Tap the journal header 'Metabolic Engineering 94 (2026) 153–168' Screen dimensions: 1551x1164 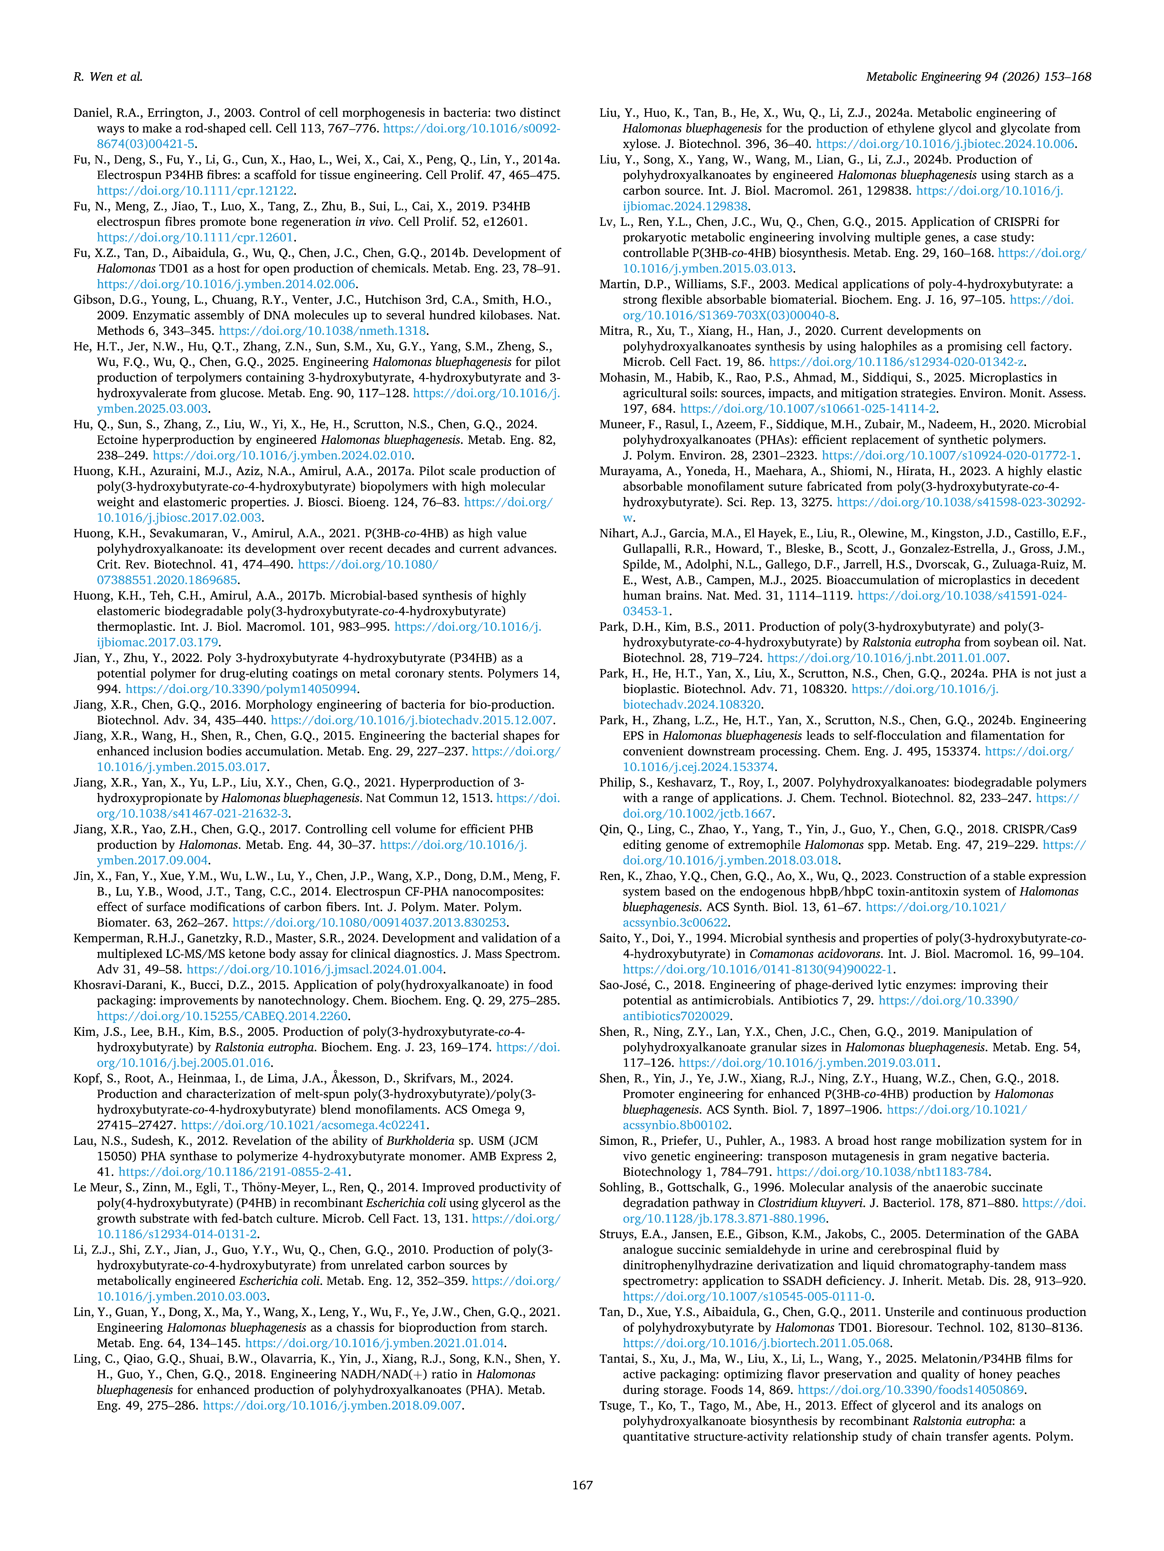[978, 76]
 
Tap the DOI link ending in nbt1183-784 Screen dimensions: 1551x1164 [882, 1172]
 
